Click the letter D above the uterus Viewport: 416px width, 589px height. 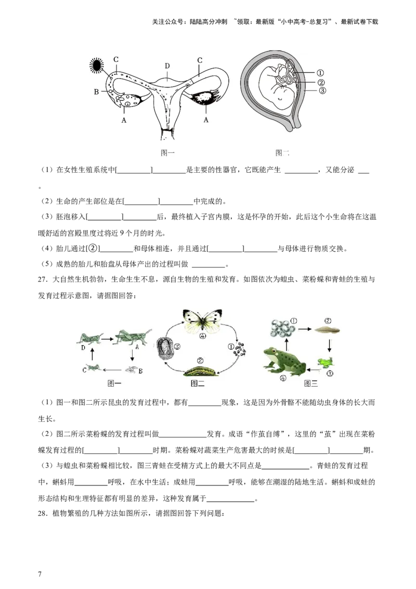click(x=167, y=66)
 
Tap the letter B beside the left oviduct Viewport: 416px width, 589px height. click(x=96, y=92)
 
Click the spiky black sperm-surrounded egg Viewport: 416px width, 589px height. click(x=97, y=65)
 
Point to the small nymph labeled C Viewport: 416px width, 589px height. click(x=93, y=368)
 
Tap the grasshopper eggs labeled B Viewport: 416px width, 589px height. click(x=132, y=369)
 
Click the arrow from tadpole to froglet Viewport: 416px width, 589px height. click(x=329, y=345)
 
